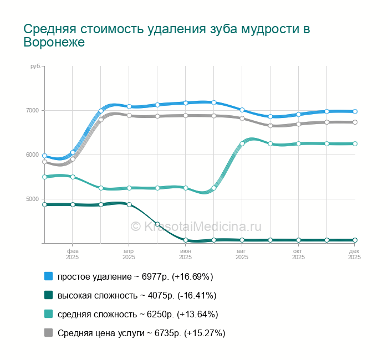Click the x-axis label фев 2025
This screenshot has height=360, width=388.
pos(73,254)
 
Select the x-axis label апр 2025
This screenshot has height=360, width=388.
pos(129,254)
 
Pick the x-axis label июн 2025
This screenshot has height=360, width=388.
pos(186,254)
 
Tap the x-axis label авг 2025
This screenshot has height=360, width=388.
pos(242,254)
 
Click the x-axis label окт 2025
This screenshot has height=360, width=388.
pos(299,254)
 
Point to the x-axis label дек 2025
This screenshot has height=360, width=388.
pos(354,254)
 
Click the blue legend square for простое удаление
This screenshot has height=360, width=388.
pos(48,276)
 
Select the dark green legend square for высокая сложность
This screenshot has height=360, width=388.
pos(48,295)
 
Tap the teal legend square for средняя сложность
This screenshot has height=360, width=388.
pos(48,314)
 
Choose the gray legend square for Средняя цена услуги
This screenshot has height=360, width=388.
pos(48,333)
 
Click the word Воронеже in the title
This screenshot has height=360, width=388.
pos(54,42)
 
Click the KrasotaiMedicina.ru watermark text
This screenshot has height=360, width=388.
pos(196,226)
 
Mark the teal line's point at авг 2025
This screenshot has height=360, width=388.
pos(242,143)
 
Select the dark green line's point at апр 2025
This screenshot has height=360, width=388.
pos(129,204)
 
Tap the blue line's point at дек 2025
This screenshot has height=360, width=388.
pos(355,111)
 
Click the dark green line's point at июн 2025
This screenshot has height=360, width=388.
pos(186,240)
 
